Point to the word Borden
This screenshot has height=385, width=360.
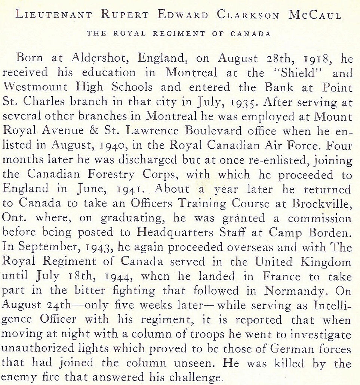[x=330, y=233]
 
